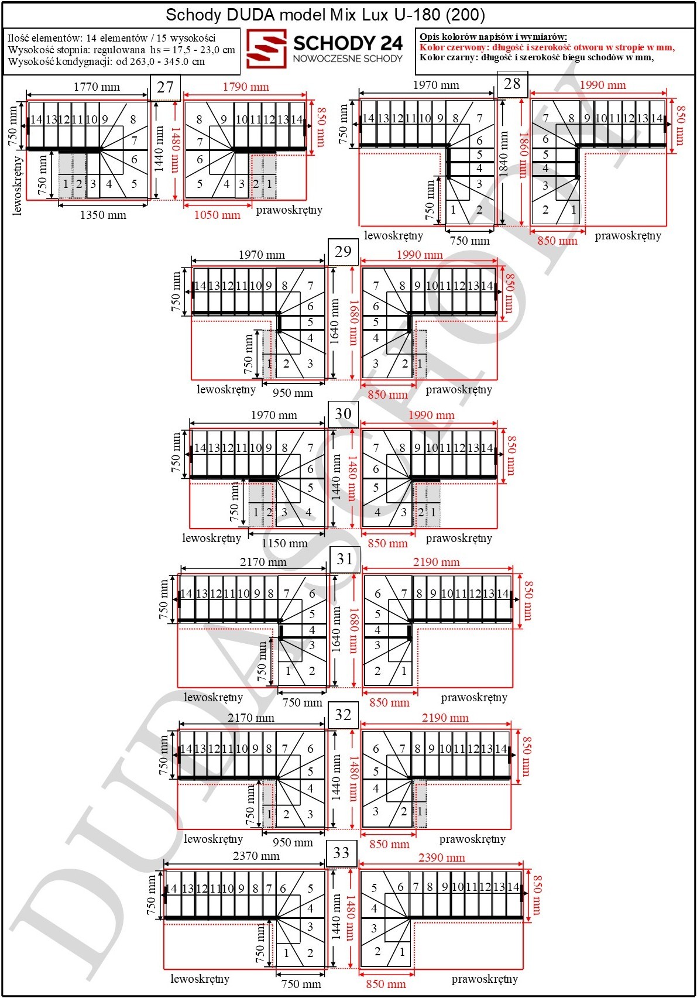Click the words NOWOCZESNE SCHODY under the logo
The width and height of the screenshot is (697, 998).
coord(348,59)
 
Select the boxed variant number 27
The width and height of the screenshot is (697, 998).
coord(165,87)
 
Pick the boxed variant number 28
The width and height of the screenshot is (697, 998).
coord(512,84)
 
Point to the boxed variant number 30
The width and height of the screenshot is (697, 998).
coord(343,414)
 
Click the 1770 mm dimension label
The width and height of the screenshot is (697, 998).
coord(97,87)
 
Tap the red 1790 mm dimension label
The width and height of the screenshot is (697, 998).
coord(246,87)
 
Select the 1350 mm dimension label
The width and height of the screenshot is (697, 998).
coord(103,215)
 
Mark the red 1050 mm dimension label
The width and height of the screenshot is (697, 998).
coord(217,215)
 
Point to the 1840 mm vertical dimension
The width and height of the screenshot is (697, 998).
coord(504,153)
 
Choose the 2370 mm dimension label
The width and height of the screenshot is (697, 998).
coord(256,856)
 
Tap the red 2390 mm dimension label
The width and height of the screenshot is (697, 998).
coord(441,858)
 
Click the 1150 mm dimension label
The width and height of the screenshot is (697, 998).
coord(284,544)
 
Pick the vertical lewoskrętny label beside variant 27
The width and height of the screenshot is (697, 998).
coord(18,186)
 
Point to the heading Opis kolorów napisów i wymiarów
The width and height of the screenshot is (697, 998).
coord(493,37)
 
